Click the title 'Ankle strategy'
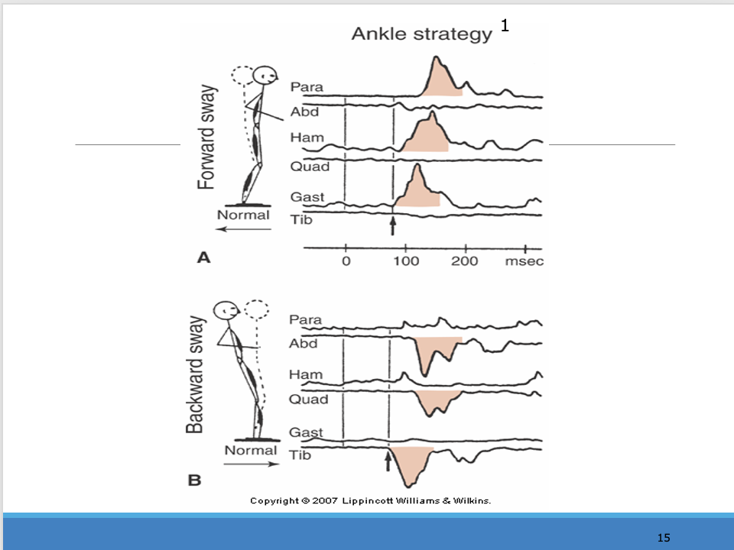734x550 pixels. click(x=421, y=34)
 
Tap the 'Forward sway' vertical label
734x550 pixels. click(x=206, y=137)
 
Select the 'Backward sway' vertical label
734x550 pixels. click(x=196, y=375)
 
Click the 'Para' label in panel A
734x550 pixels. click(x=306, y=88)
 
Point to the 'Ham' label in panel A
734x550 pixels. click(x=306, y=138)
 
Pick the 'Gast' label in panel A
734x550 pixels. click(x=307, y=197)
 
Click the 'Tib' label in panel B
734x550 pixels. click(x=301, y=455)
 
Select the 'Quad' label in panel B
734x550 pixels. click(x=309, y=400)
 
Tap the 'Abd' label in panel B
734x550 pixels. click(x=303, y=344)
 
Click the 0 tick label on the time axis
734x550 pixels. click(x=346, y=261)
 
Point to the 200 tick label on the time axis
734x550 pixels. click(x=464, y=261)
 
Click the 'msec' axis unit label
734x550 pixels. click(x=525, y=261)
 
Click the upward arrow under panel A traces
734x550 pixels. click(x=393, y=226)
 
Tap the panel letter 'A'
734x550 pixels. click(x=203, y=258)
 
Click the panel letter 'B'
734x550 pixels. click(x=194, y=480)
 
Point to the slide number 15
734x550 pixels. click(x=664, y=538)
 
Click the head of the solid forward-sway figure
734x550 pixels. click(x=265, y=76)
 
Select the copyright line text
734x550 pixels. click(x=371, y=501)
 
